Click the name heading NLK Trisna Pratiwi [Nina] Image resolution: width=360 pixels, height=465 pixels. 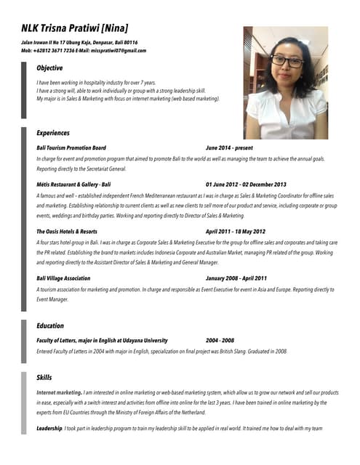tap(75, 28)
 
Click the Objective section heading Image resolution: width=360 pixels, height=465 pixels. tap(49, 68)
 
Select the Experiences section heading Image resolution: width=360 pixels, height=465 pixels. tap(53, 133)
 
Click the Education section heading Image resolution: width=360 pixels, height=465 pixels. tap(50, 325)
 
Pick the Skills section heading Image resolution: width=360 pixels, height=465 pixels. tap(44, 378)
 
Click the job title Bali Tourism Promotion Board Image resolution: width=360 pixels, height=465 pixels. tap(71, 147)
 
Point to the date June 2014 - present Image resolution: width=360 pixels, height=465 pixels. tap(229, 147)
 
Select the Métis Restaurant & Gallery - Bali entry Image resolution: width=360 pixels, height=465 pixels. tap(73, 185)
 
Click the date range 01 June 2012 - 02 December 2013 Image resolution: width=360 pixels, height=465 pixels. tap(246, 185)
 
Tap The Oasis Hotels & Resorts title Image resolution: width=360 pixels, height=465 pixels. tap(67, 231)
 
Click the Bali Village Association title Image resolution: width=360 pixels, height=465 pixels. tap(63, 278)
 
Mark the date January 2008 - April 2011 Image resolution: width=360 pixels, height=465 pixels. tap(236, 278)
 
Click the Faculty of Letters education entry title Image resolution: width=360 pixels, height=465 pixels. tap(102, 340)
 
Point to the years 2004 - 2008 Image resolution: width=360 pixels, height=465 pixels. tap(220, 340)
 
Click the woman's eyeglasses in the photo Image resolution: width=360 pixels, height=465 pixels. tap(287, 61)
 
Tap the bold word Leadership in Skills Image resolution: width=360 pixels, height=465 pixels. tap(49, 429)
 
